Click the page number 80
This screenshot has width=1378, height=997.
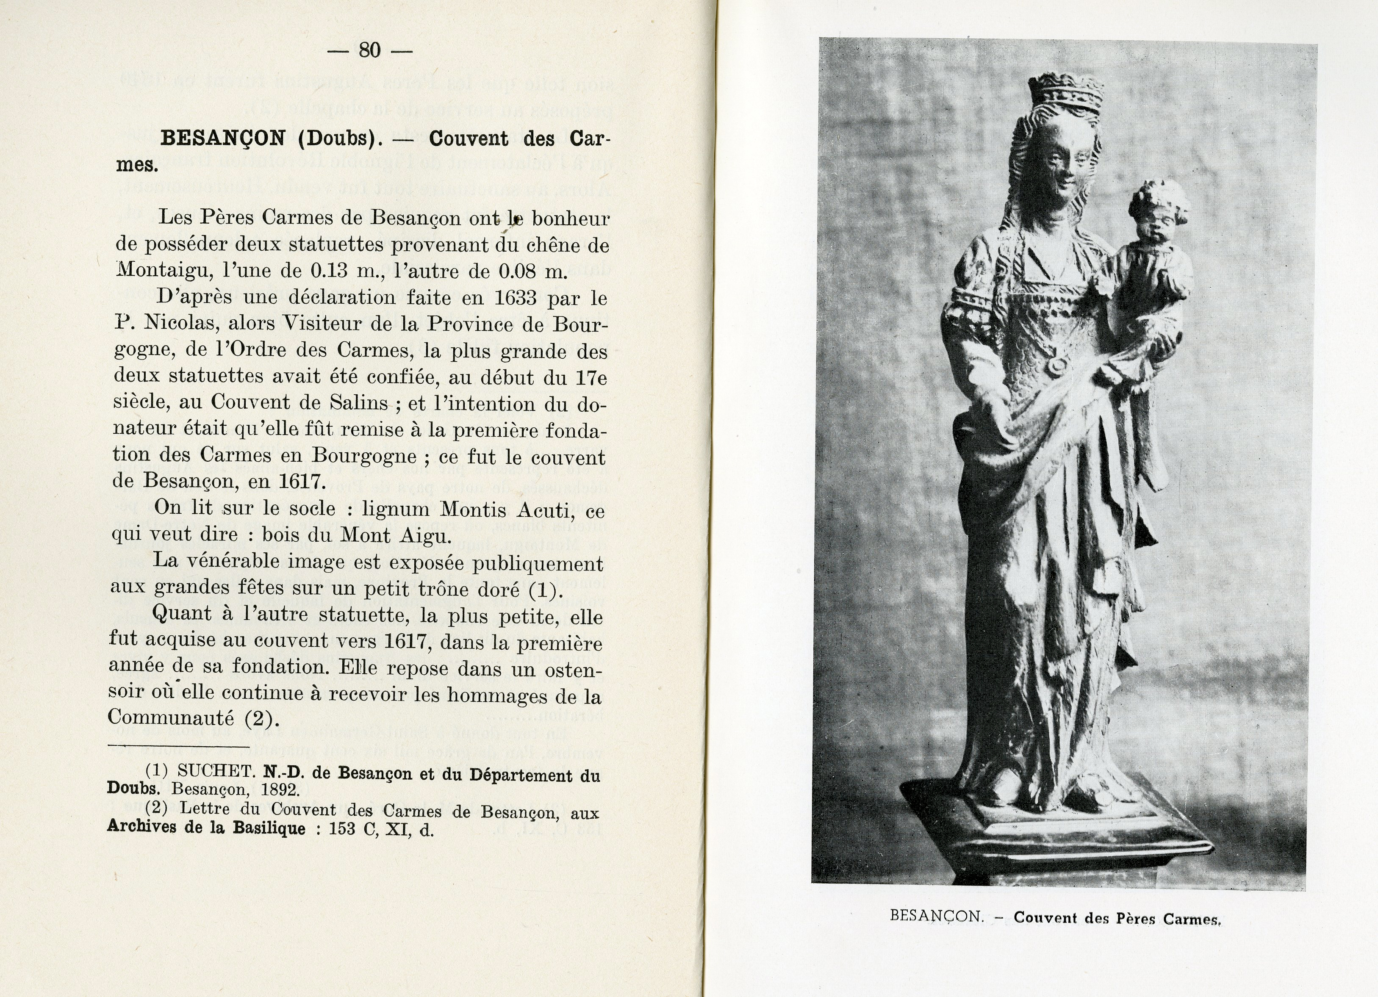coord(369,50)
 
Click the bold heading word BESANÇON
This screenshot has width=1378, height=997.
coord(222,138)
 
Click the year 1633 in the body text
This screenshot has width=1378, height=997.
coord(516,298)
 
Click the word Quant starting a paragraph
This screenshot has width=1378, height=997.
coord(183,614)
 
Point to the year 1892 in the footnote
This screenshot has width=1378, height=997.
coord(280,790)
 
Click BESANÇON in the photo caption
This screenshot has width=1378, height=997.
coord(936,916)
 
